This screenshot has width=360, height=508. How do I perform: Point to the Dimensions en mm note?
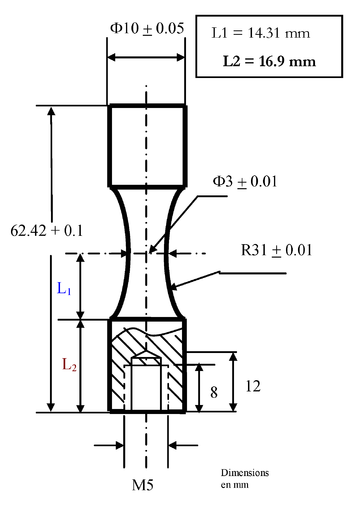tap(246, 477)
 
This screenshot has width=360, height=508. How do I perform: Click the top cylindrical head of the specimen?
tap(146, 145)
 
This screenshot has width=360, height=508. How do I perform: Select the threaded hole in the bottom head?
tap(146, 381)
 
